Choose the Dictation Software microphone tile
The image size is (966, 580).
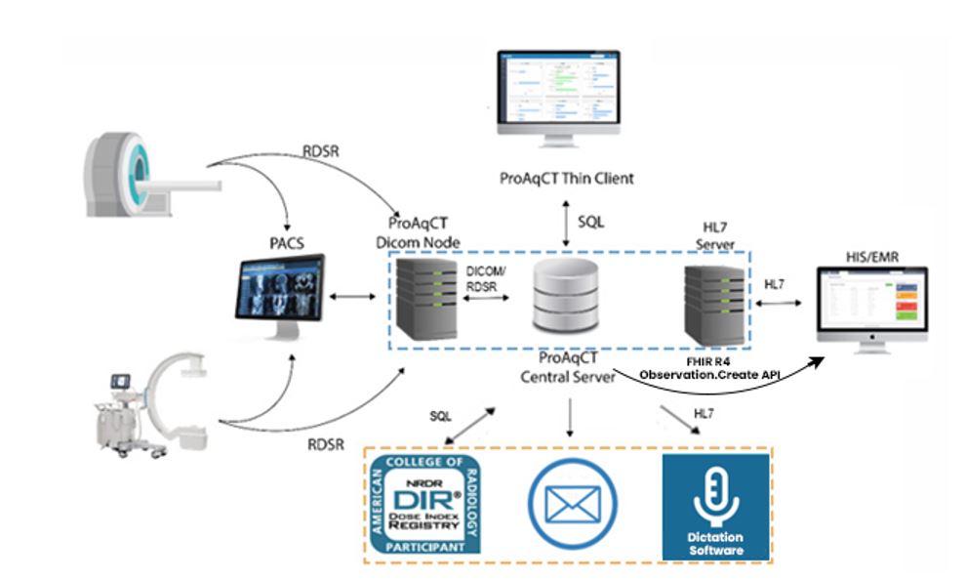tap(716, 506)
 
